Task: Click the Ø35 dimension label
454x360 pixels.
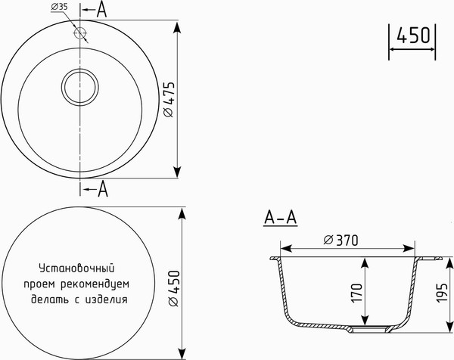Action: click(x=61, y=8)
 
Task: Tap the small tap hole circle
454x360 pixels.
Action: click(x=80, y=33)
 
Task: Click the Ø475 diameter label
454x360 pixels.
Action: click(x=169, y=98)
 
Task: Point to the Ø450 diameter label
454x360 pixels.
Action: click(x=172, y=289)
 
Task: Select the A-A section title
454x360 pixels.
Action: click(x=280, y=219)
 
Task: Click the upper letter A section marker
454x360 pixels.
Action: click(x=102, y=10)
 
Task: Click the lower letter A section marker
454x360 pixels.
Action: click(x=103, y=189)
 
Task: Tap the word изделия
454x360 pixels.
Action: click(x=105, y=299)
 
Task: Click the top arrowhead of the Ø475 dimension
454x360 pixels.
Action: click(x=179, y=27)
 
